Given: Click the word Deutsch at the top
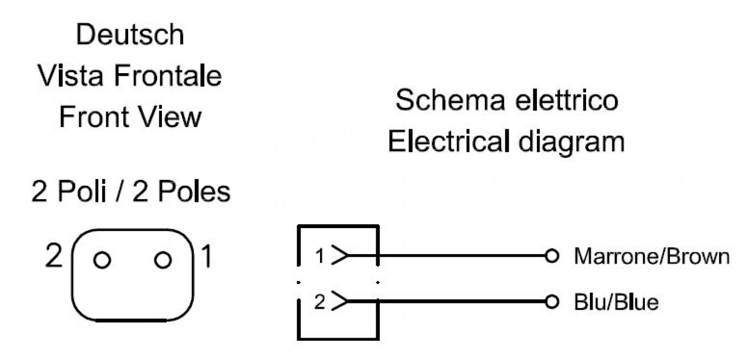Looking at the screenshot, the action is pos(130,34).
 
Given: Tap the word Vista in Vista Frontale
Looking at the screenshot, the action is pos(70,75).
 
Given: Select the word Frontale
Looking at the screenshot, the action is pos(168,75).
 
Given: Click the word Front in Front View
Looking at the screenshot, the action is pos(94,116).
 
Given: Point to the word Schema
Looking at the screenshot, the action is pos(450,100).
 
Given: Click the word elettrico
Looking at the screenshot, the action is pos(567,100).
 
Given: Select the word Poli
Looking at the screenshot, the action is pos(82,191).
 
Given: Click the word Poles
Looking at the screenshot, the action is pos(194,191).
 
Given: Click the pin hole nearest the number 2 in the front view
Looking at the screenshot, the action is pos(102,260).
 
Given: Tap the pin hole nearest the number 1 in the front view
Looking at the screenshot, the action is pos(163,260).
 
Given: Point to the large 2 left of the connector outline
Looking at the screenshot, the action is pos(54,255).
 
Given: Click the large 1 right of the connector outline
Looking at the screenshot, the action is pos(207,256).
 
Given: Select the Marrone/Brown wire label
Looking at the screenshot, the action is pos(652,256).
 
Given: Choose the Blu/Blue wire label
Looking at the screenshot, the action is pos(617,302).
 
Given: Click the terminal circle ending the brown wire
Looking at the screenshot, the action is pos(552,256).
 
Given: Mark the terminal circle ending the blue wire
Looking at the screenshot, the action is pos(552,302).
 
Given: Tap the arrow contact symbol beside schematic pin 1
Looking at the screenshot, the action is pos(340,255).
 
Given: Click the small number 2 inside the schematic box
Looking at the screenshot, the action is pos(320,302).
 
